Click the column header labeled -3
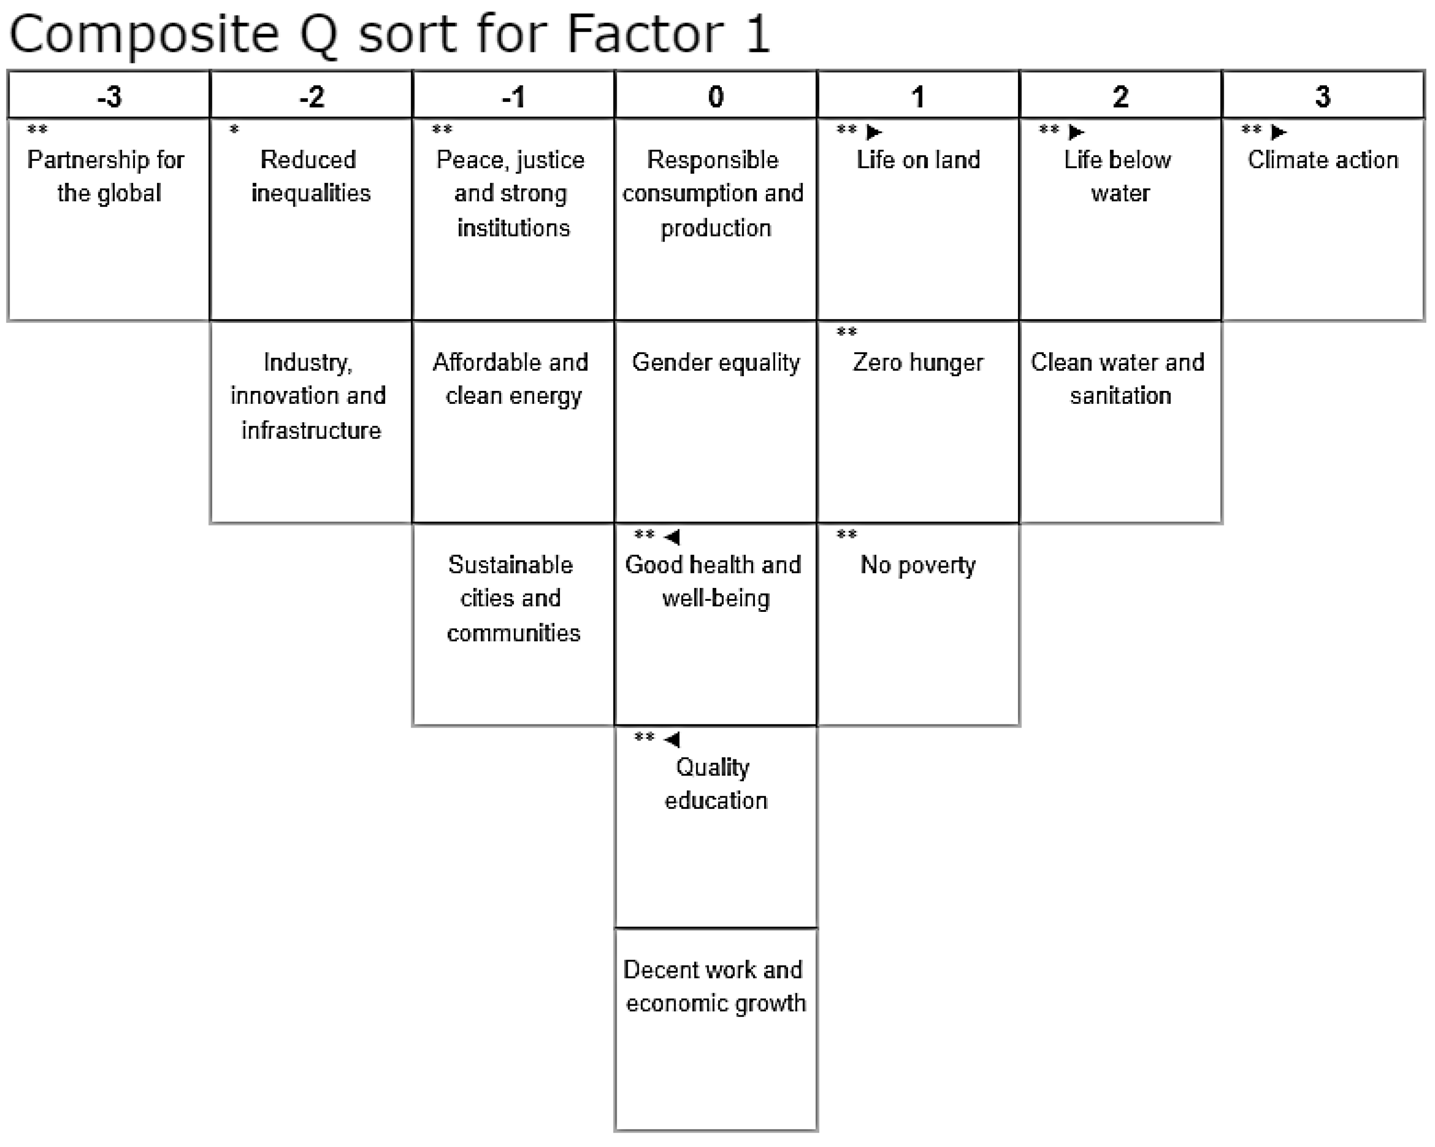(x=110, y=96)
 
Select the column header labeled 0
(x=715, y=96)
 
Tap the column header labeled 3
(x=1322, y=96)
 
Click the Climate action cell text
(x=1322, y=160)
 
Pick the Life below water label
(x=1120, y=176)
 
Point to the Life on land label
(x=918, y=160)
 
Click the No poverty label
(x=918, y=565)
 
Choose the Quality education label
(x=715, y=784)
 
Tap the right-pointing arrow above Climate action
(x=1278, y=132)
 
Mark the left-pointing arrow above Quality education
(x=672, y=739)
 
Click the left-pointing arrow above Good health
(x=672, y=537)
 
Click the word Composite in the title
(x=144, y=34)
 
